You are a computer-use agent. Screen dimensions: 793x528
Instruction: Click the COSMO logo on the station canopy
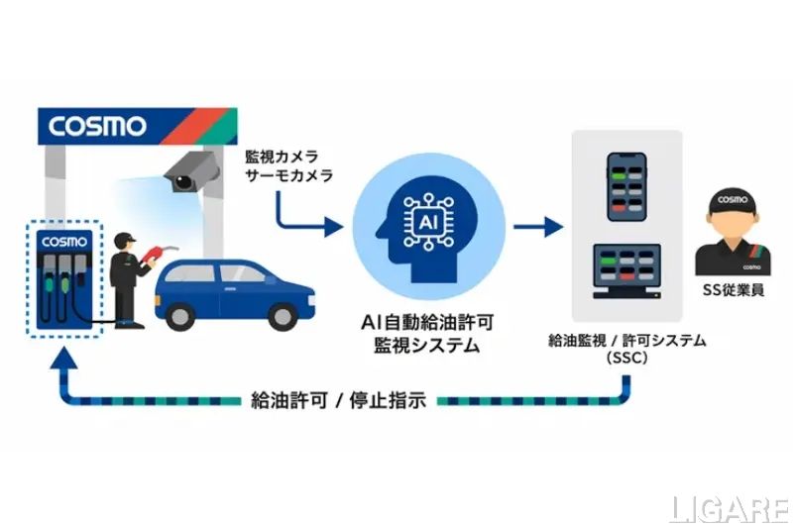(x=97, y=127)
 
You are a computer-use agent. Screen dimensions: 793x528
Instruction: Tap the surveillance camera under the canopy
(x=192, y=171)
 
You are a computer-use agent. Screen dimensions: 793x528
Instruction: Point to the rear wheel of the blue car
(x=180, y=317)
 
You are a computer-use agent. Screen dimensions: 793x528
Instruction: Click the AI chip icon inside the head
(x=428, y=222)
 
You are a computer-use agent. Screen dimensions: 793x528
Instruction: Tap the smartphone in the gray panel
(x=626, y=187)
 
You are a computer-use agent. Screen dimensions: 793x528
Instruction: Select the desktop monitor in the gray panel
(x=626, y=270)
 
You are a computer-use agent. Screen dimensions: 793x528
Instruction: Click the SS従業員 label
(x=734, y=290)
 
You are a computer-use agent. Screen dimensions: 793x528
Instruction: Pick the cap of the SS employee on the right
(x=733, y=202)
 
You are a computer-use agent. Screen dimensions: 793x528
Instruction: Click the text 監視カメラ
(x=282, y=157)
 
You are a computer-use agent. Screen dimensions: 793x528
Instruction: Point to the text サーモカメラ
(x=288, y=175)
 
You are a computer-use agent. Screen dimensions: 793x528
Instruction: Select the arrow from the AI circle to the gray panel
(x=538, y=227)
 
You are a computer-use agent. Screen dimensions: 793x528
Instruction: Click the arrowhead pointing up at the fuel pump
(x=63, y=358)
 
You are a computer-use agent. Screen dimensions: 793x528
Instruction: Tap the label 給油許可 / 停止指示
(x=339, y=400)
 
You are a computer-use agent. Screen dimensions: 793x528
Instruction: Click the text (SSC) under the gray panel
(x=627, y=359)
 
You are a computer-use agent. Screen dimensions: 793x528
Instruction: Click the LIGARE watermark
(x=730, y=509)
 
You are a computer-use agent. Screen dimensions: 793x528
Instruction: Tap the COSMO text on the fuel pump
(x=64, y=242)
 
